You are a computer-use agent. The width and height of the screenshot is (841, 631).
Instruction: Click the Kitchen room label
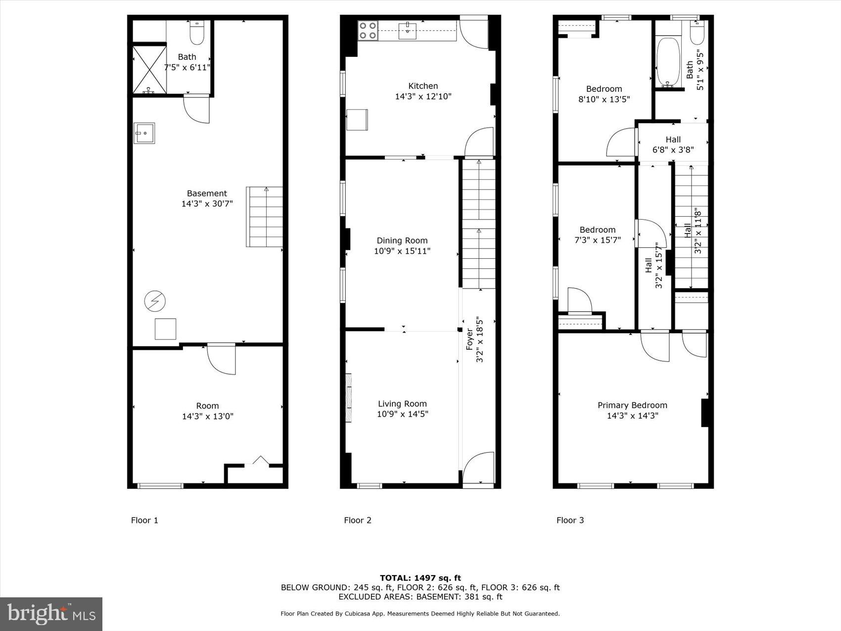click(x=423, y=86)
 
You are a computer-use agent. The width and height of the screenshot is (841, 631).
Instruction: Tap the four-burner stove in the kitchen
click(x=368, y=30)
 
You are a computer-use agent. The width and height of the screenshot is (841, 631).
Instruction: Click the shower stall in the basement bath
click(x=149, y=69)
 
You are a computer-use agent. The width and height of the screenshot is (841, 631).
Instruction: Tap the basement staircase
click(x=265, y=217)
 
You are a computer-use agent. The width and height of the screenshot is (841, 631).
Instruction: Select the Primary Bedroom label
click(x=632, y=405)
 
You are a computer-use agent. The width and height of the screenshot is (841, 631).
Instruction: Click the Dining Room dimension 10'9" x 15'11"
click(x=402, y=251)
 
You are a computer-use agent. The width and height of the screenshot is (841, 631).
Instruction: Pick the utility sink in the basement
click(x=144, y=133)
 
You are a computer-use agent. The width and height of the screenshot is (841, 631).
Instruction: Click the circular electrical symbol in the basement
click(x=155, y=301)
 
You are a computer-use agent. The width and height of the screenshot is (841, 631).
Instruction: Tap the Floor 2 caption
click(x=357, y=520)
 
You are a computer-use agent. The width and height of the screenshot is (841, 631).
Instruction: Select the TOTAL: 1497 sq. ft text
click(x=420, y=578)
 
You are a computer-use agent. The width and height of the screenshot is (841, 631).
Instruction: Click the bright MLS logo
click(x=51, y=614)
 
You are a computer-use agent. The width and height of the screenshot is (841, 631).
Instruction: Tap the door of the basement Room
click(x=222, y=359)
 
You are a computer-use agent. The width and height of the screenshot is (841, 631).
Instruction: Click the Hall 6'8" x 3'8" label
click(x=673, y=145)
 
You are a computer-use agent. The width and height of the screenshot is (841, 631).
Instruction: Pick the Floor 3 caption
click(x=570, y=520)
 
